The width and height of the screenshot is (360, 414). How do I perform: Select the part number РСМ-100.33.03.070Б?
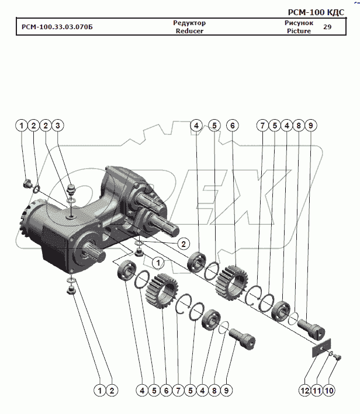[57, 27]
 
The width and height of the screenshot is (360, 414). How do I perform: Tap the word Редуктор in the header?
[189, 23]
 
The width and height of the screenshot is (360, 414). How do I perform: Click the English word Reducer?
[189, 31]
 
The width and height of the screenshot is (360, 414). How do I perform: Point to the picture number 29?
[327, 27]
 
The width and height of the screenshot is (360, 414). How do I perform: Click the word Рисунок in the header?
[299, 23]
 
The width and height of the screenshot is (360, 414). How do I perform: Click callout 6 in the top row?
[232, 126]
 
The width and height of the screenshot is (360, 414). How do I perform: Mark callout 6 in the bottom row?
[167, 390]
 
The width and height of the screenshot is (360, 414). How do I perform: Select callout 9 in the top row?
[310, 126]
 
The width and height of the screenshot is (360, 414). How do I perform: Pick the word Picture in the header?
[299, 31]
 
